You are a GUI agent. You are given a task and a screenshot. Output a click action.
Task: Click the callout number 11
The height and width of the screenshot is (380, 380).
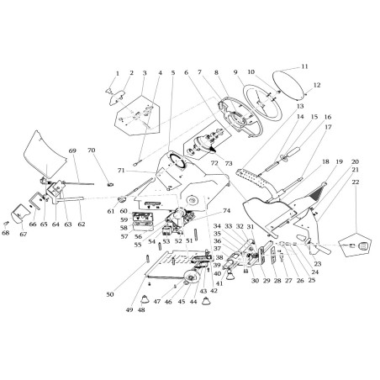[x=304, y=66]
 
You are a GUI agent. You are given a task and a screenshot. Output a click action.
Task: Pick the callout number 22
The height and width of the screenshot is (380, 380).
[x=356, y=182]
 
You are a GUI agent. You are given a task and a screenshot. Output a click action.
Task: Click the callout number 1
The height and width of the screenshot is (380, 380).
[x=117, y=73]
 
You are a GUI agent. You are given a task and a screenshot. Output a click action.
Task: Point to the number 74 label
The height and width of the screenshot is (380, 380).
[x=225, y=211]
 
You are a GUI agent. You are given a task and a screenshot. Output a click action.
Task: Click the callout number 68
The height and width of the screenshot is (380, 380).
[x=7, y=233]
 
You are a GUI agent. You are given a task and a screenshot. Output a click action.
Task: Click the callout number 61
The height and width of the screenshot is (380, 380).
[x=110, y=211]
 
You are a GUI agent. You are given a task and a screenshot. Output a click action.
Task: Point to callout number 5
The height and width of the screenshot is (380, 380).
[x=173, y=73]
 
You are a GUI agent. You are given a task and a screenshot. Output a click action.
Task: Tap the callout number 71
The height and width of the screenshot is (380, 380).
[x=121, y=171]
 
